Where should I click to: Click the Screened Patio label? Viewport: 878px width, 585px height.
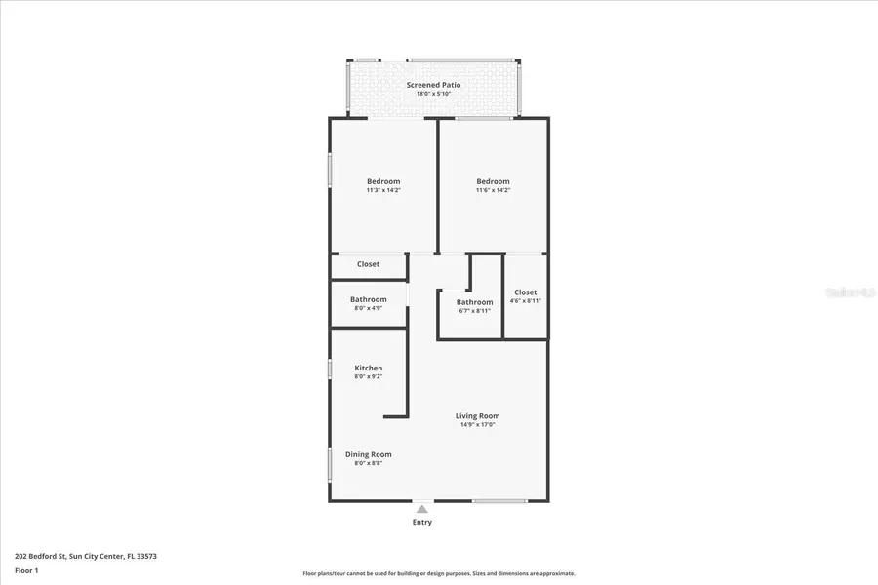pos(433,85)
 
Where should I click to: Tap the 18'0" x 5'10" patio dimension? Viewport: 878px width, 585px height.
pos(433,94)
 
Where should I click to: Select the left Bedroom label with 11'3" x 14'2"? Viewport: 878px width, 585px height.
pos(383,181)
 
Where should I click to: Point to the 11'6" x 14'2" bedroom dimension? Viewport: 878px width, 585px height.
pos(493,190)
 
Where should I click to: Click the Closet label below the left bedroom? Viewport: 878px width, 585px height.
pos(368,264)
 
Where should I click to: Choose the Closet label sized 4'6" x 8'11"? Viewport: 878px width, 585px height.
pos(525,292)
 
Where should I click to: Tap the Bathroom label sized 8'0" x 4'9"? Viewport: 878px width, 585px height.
pos(369,299)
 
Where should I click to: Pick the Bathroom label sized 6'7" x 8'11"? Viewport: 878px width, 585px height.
pos(474,302)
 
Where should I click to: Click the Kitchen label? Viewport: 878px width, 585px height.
pos(368,368)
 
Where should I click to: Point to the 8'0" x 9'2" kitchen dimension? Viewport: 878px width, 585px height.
pos(368,376)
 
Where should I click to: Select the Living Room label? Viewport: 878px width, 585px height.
pos(477,416)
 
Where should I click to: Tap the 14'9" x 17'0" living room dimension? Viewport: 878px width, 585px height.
pos(477,425)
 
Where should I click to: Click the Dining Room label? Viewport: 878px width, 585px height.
pos(368,454)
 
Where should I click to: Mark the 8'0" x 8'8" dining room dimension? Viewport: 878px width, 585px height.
pos(368,463)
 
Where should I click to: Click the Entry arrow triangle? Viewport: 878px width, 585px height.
pos(421,509)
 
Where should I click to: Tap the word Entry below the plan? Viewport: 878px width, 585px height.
pos(421,522)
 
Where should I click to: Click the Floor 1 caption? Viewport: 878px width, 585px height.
pos(27,569)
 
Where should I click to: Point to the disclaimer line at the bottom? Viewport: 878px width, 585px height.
pos(438,573)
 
